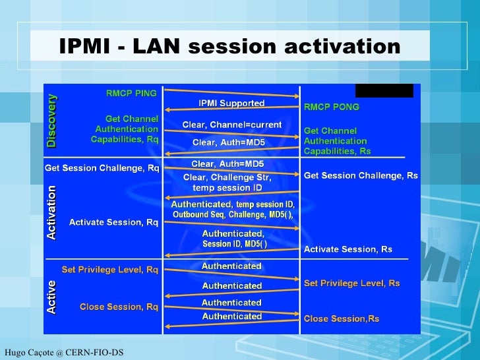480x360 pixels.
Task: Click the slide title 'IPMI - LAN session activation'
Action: point(229,46)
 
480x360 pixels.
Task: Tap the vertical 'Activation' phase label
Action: point(51,212)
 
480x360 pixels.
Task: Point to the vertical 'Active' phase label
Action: point(51,297)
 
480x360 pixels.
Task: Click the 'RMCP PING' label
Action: point(131,94)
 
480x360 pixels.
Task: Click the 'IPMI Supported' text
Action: point(231,103)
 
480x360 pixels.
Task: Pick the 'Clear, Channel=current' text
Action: point(231,124)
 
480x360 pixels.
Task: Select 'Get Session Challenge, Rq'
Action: point(102,167)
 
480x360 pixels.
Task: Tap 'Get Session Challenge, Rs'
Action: point(361,175)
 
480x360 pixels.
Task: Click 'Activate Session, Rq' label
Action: point(113,222)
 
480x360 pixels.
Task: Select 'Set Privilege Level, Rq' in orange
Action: point(109,269)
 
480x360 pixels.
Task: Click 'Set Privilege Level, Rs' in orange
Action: point(351,283)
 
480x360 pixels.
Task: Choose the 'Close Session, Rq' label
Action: point(119,307)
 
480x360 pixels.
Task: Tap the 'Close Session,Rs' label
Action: point(341,319)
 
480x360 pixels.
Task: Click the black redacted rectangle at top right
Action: point(384,90)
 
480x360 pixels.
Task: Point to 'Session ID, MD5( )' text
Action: point(234,244)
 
